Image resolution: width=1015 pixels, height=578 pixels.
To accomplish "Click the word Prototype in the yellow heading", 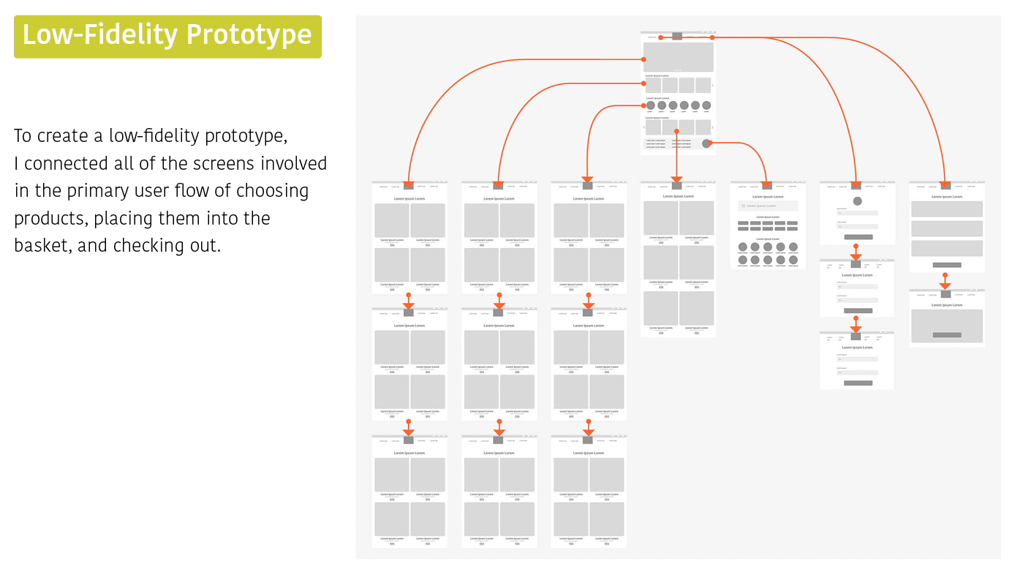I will pyautogui.click(x=249, y=35).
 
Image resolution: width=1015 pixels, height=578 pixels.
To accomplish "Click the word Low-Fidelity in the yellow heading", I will pyautogui.click(x=100, y=35).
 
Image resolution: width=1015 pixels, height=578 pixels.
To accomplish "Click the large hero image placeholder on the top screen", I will pyautogui.click(x=678, y=57).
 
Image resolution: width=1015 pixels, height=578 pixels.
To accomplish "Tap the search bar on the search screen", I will pyautogui.click(x=768, y=206).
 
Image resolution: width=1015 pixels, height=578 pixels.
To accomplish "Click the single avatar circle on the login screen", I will pyautogui.click(x=857, y=201).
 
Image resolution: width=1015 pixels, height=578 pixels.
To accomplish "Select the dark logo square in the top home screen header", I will pyautogui.click(x=677, y=36).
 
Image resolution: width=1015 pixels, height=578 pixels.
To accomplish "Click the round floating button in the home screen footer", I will pyautogui.click(x=706, y=143).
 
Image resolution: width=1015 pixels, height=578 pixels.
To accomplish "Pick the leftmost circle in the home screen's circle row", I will pyautogui.click(x=651, y=105).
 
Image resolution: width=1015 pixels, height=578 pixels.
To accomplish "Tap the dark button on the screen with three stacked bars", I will pyautogui.click(x=947, y=265).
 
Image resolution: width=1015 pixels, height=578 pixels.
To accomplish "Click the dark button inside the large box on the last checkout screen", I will pyautogui.click(x=947, y=335).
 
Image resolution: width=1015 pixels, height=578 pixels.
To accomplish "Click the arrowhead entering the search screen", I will pyautogui.click(x=766, y=185).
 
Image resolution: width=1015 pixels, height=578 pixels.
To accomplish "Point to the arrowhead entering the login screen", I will pyautogui.click(x=856, y=185).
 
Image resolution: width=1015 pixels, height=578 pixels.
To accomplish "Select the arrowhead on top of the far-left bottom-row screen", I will pyautogui.click(x=409, y=433).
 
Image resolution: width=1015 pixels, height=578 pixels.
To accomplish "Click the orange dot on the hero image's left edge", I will pyautogui.click(x=644, y=59).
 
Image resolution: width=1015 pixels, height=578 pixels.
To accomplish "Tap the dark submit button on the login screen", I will pyautogui.click(x=858, y=237).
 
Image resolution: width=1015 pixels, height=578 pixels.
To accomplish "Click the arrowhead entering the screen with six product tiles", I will pyautogui.click(x=676, y=179).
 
